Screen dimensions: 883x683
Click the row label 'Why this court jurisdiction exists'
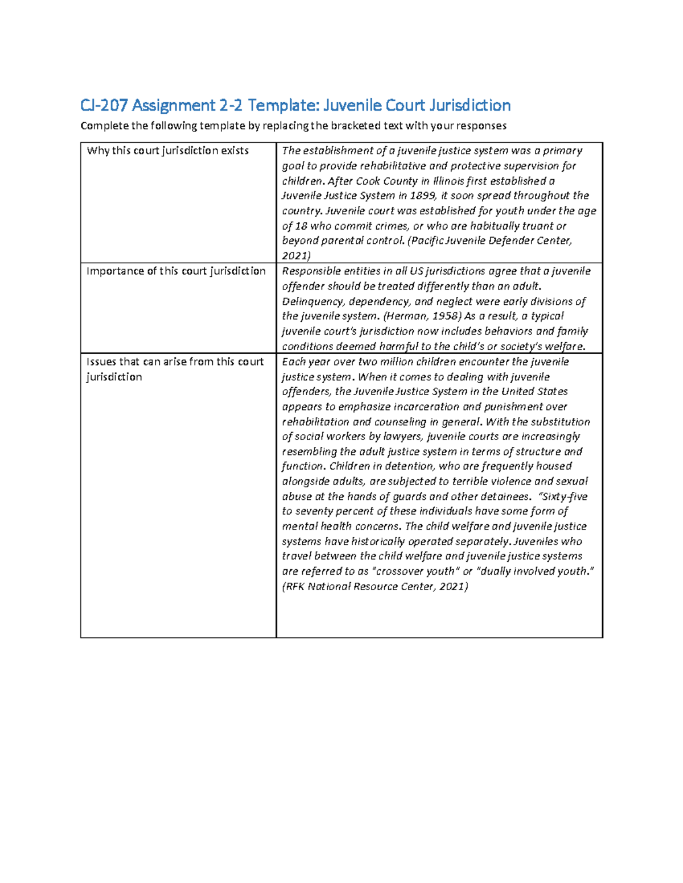pyautogui.click(x=167, y=151)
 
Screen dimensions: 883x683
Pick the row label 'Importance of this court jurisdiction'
pyautogui.click(x=176, y=271)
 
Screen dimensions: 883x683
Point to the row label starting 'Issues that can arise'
pyautogui.click(x=175, y=362)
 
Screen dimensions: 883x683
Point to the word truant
pyautogui.click(x=537, y=226)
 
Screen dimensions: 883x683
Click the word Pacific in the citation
pyautogui.click(x=426, y=241)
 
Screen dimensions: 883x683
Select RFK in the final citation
pyautogui.click(x=295, y=586)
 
